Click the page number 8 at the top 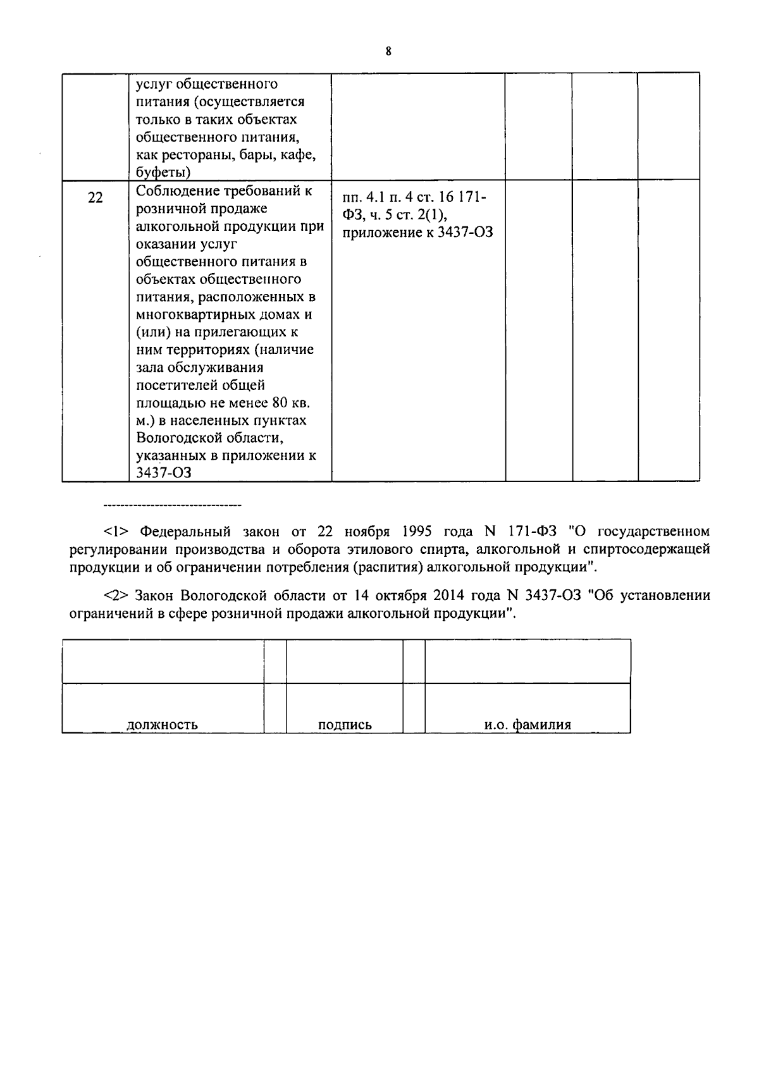pos(388,52)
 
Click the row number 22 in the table pos(95,198)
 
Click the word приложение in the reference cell pos(378,233)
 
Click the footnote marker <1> pos(116,531)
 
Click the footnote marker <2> pos(116,596)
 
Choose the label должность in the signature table pos(162,725)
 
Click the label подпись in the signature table pos(345,725)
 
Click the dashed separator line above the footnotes pos(172,506)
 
